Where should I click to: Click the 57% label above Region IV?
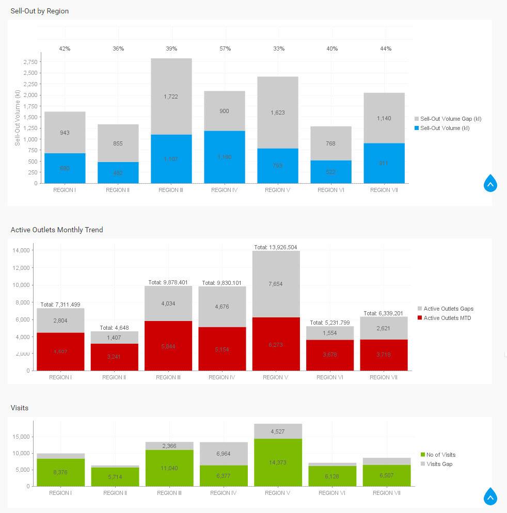coord(225,49)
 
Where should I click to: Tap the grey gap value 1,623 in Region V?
coord(277,113)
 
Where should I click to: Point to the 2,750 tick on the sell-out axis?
coord(30,62)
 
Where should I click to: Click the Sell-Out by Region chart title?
coord(40,11)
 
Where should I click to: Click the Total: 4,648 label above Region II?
coord(114,328)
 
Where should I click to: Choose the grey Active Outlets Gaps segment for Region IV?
coord(223,307)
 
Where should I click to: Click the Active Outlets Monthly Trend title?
coord(57,230)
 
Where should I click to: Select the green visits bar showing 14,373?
coord(278,462)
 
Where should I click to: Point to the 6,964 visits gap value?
coord(224,454)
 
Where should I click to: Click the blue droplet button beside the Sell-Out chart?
coord(490,183)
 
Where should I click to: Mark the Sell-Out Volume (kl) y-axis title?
coord(18,118)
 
